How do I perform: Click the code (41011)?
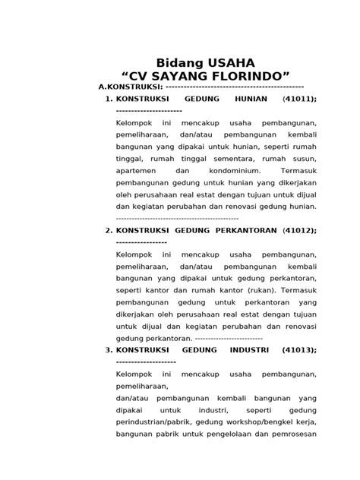[x=299, y=99]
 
